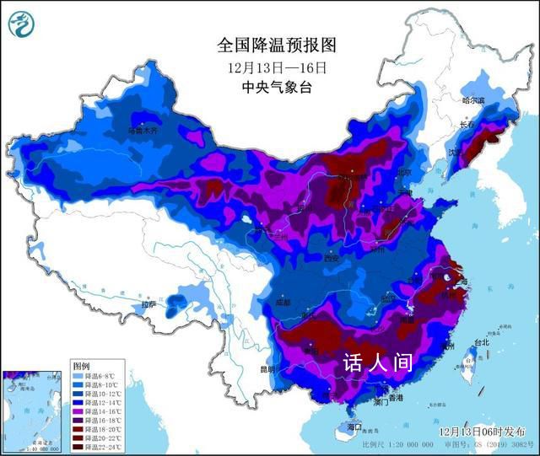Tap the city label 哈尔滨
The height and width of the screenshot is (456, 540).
coord(473,100)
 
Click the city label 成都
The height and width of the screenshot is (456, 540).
coord(282,302)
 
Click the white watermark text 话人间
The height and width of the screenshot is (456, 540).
coord(377,363)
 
